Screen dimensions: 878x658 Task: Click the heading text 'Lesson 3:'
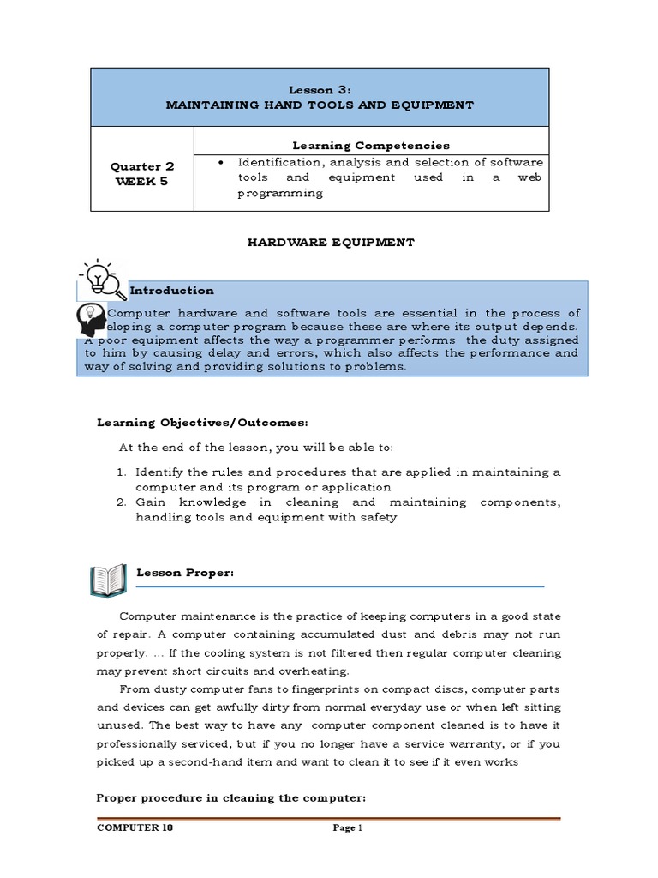pyautogui.click(x=319, y=88)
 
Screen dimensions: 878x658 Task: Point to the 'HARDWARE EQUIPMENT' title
pyautogui.click(x=331, y=243)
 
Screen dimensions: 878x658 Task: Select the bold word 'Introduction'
pyautogui.click(x=171, y=291)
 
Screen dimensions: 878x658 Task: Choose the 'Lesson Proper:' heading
pyautogui.click(x=185, y=573)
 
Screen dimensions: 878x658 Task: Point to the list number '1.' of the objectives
pyautogui.click(x=123, y=472)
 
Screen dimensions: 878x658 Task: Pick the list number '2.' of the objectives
pyautogui.click(x=123, y=502)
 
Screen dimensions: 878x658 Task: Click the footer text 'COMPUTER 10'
pyautogui.click(x=130, y=828)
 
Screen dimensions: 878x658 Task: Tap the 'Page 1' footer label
pyautogui.click(x=348, y=828)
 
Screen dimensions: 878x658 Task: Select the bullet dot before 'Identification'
pyautogui.click(x=221, y=162)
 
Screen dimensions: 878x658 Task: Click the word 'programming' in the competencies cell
pyautogui.click(x=280, y=193)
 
